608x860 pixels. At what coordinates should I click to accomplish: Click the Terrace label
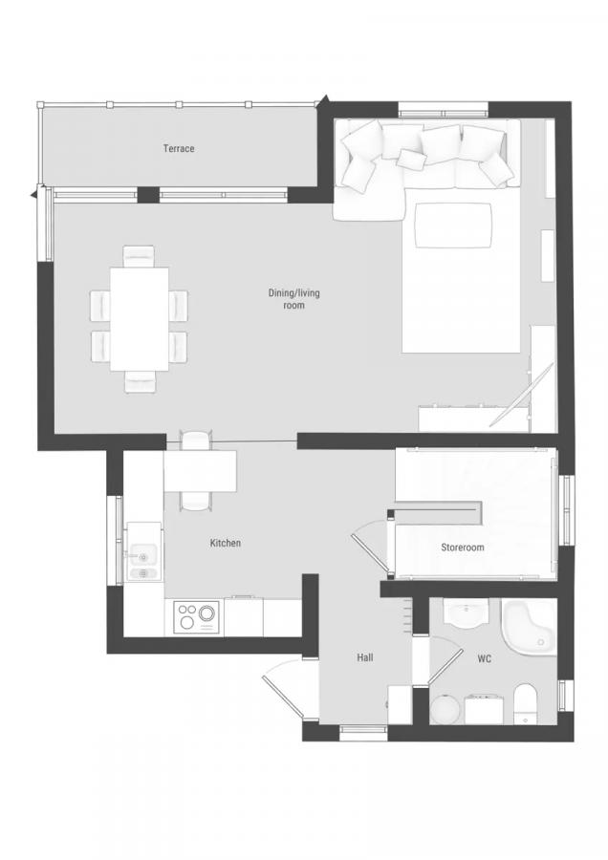pyautogui.click(x=179, y=149)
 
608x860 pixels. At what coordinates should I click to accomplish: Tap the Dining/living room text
pyautogui.click(x=294, y=299)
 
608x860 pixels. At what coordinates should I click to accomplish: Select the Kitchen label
pyautogui.click(x=226, y=543)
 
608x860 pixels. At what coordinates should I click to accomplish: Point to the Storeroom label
pyautogui.click(x=463, y=548)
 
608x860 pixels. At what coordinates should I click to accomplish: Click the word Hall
pyautogui.click(x=365, y=657)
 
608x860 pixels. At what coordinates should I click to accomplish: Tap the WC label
pyautogui.click(x=484, y=658)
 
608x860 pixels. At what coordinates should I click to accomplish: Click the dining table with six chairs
pyautogui.click(x=140, y=318)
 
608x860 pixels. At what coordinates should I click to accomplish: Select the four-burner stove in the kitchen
pyautogui.click(x=197, y=617)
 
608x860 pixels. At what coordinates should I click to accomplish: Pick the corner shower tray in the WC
pyautogui.click(x=529, y=626)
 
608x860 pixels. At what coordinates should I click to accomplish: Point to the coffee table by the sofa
pyautogui.click(x=453, y=226)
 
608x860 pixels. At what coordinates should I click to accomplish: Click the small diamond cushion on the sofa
pyautogui.click(x=412, y=159)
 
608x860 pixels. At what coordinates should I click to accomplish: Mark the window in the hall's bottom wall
pyautogui.click(x=363, y=729)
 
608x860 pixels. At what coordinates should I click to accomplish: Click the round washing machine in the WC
pyautogui.click(x=445, y=710)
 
